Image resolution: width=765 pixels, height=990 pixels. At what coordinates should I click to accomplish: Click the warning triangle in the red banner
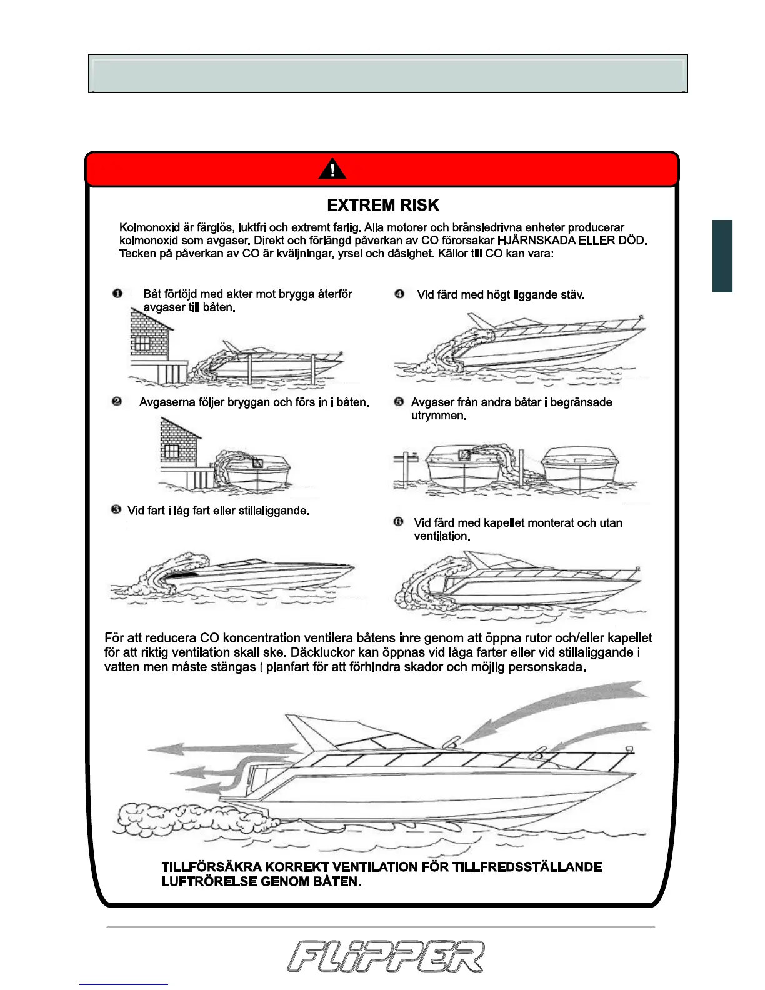pyautogui.click(x=332, y=169)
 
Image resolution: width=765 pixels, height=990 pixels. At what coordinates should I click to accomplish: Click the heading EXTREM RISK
pyautogui.click(x=383, y=206)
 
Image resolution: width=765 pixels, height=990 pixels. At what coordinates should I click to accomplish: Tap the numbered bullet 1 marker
pyautogui.click(x=117, y=294)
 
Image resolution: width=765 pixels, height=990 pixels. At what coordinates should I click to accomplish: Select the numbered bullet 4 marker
pyautogui.click(x=399, y=294)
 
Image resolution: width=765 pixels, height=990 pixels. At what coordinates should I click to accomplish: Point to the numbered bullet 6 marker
pyautogui.click(x=399, y=522)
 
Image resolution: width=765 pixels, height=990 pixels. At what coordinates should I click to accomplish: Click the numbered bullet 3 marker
pyautogui.click(x=116, y=510)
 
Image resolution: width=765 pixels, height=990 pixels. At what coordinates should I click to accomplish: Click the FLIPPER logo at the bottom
pyautogui.click(x=386, y=956)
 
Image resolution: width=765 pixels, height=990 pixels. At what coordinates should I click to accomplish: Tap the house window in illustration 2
pyautogui.click(x=171, y=450)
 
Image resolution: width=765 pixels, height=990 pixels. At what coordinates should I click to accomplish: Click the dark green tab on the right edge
pyautogui.click(x=722, y=256)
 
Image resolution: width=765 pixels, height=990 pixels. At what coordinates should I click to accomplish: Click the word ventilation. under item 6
pyautogui.click(x=442, y=536)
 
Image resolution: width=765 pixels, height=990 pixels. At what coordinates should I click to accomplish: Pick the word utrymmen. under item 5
pyautogui.click(x=439, y=416)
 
